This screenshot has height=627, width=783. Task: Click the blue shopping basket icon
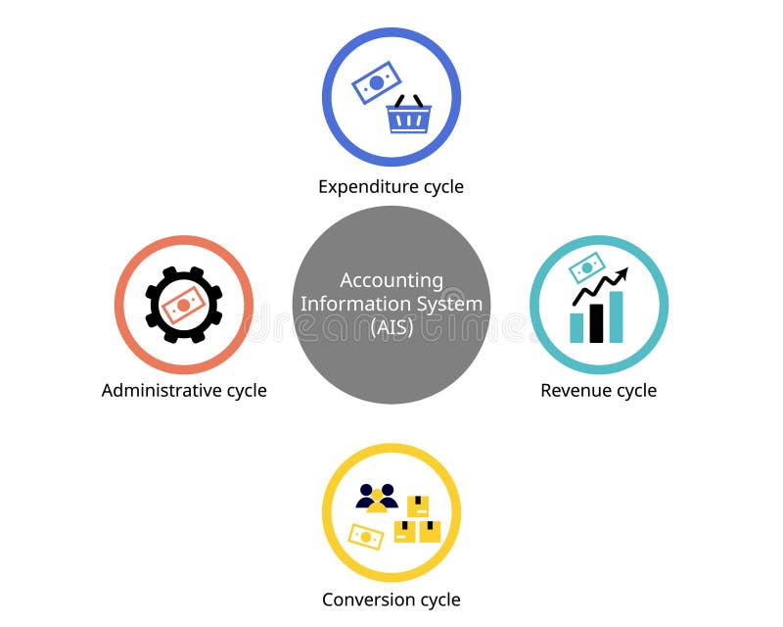[x=408, y=118]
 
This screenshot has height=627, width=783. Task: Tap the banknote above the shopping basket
[x=377, y=82]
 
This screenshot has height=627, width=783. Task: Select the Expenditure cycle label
[x=391, y=186]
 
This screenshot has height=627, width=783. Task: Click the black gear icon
[x=184, y=305]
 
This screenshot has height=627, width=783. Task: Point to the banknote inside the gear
[x=184, y=306]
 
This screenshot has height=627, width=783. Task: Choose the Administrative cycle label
[x=184, y=390]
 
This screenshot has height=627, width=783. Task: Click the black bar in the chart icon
[x=596, y=323]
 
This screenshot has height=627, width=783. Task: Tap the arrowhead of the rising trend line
[x=622, y=273]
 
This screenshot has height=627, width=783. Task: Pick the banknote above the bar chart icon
[x=587, y=266]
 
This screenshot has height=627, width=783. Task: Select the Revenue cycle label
[x=598, y=390]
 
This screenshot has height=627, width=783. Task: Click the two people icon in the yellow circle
[x=377, y=497]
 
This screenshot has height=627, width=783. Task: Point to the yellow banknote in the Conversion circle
[x=365, y=536]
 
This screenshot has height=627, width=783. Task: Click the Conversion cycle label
[x=391, y=600]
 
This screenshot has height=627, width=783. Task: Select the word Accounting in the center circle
[x=391, y=281]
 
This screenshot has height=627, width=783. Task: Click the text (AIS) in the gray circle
[x=391, y=327]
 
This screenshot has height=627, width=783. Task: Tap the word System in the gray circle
[x=451, y=304]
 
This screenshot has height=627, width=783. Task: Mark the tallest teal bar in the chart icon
[x=616, y=316]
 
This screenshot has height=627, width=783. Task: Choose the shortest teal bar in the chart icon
[x=576, y=327]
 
